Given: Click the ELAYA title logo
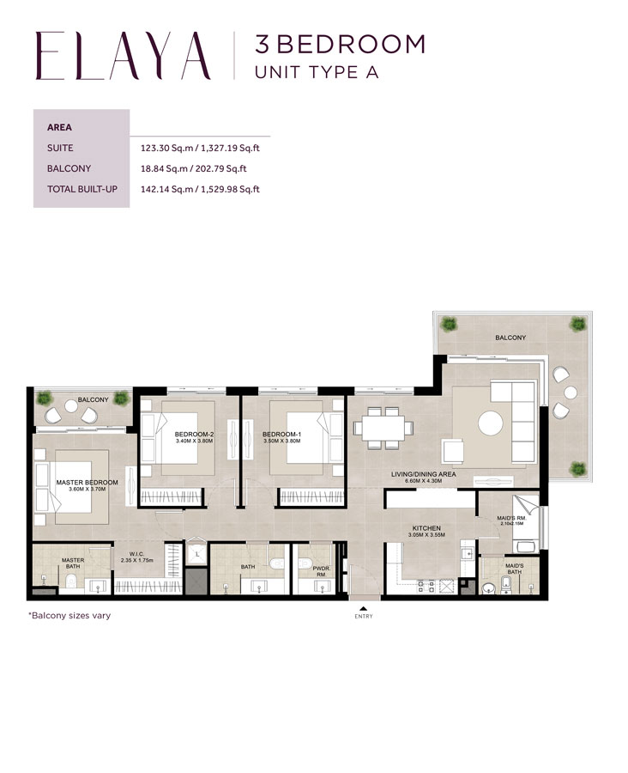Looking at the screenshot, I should point(123,56).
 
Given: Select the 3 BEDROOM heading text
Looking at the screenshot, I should point(340,43).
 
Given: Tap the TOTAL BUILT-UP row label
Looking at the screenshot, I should point(82,189).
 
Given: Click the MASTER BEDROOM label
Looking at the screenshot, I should point(87,483).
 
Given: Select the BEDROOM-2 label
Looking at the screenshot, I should point(193,435).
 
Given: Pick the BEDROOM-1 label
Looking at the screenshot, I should point(284,435).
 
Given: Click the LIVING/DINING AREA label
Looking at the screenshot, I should point(423,474).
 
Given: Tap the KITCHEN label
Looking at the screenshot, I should point(426,529).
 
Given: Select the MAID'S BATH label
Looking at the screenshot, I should point(514,569).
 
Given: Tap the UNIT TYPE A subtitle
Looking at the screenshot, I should point(317,72).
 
